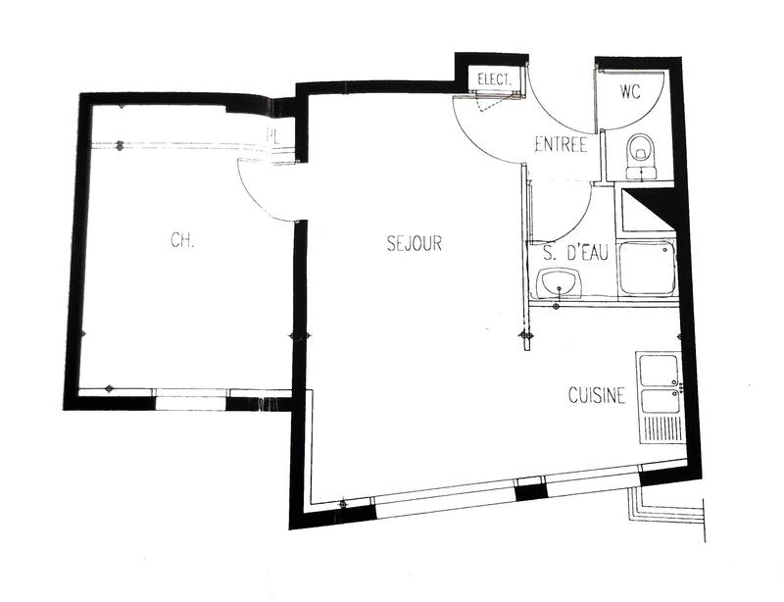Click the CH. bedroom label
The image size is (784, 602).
point(182,240)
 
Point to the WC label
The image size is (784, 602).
point(630,94)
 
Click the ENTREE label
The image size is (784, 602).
point(561,145)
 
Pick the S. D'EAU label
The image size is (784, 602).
point(575,254)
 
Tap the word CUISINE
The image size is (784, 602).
point(597,396)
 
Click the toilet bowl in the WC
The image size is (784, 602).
point(641,150)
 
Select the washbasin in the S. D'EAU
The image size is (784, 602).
point(561,284)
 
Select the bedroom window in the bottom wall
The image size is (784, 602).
point(192,398)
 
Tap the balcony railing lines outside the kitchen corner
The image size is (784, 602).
point(671,511)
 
